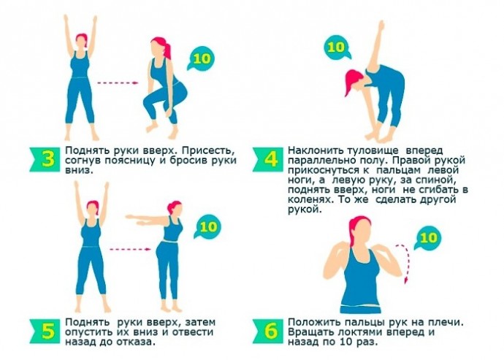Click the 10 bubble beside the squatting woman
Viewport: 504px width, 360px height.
(x=202, y=59)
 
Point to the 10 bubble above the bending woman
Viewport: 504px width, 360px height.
(x=337, y=47)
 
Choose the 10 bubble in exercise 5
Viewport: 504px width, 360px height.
(x=207, y=227)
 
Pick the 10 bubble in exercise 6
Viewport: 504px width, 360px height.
(x=427, y=239)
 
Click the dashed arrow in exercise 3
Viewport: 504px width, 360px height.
(x=118, y=83)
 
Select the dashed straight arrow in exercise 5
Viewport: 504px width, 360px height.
(x=130, y=249)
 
